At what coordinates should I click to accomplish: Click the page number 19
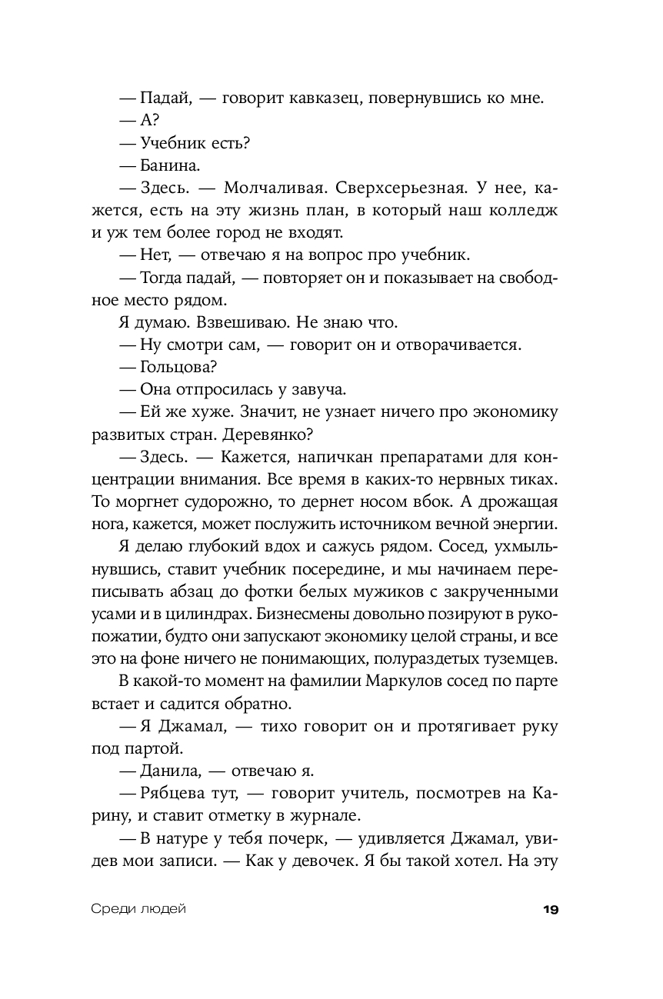click(x=550, y=909)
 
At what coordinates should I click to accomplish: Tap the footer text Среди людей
click(x=138, y=909)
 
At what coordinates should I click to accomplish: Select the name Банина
click(x=171, y=165)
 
